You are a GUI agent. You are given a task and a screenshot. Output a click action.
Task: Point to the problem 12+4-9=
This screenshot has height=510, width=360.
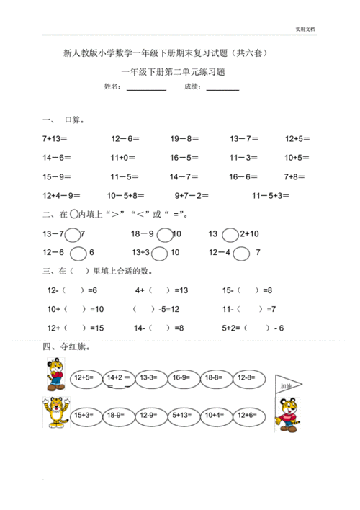(x=60, y=194)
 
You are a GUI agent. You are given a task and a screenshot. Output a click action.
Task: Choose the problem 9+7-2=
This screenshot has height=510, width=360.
(x=192, y=194)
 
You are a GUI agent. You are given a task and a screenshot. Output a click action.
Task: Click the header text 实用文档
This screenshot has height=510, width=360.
(x=305, y=30)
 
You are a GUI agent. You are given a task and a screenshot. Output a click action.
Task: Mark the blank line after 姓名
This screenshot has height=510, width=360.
(x=146, y=89)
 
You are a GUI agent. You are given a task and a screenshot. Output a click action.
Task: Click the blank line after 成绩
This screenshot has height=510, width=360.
(x=222, y=89)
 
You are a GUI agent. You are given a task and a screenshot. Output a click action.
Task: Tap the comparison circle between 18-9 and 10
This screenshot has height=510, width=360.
(x=164, y=233)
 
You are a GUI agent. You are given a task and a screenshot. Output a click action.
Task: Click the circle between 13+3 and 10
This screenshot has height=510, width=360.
(x=160, y=253)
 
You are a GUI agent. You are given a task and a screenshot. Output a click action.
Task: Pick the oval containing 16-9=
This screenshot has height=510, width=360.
(x=181, y=377)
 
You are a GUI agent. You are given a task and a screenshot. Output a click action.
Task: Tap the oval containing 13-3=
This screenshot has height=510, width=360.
(x=149, y=377)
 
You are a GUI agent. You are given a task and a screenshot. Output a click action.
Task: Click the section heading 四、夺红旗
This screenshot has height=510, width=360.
(x=66, y=347)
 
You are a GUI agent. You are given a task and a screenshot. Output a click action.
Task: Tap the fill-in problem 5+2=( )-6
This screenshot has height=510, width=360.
(x=252, y=328)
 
